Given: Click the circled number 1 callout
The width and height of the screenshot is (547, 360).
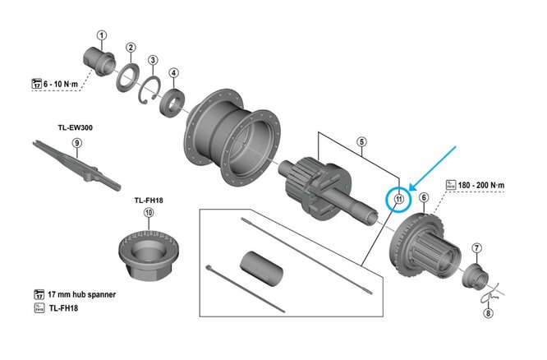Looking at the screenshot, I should point(102,35).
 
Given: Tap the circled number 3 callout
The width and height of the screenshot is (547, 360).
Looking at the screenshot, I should point(153,60).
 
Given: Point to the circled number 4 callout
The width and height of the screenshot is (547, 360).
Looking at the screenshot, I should point(174,72).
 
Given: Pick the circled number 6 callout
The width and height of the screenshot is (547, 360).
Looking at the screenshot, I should point(423,197).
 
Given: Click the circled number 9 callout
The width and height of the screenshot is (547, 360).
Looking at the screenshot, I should point(76,143).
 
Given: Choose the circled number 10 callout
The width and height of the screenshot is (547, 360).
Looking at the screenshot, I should point(149,212).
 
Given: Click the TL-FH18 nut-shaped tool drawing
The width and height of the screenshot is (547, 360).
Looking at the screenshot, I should point(149,248).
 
